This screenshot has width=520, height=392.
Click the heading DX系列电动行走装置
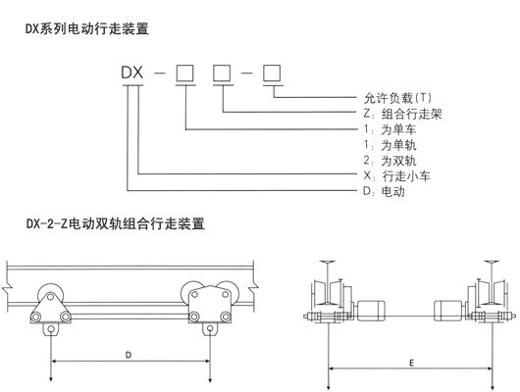tap(87, 29)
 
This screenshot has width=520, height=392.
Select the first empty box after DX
tap(183, 72)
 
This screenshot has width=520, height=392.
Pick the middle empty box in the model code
tap(223, 72)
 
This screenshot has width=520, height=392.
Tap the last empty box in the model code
tap(272, 72)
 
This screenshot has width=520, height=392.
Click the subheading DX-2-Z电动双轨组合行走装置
tap(115, 224)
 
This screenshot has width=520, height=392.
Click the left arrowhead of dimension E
tap(331, 369)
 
